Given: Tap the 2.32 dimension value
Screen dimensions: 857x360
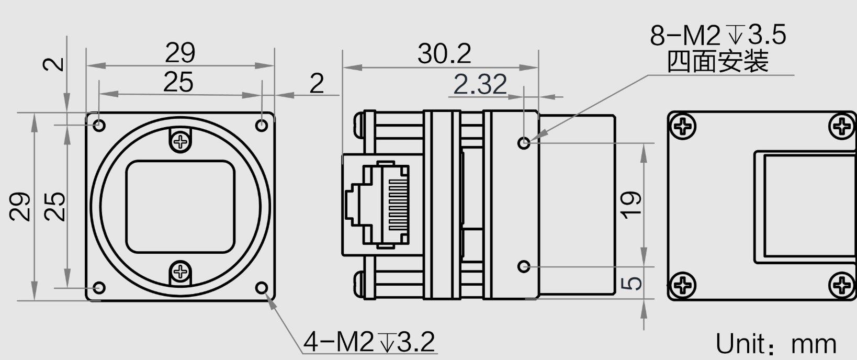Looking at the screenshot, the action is (x=480, y=84).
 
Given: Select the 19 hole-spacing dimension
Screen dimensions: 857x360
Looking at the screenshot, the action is (x=632, y=205).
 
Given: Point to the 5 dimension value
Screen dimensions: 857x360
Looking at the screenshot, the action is (x=632, y=283).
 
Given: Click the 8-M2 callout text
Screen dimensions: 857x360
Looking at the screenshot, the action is (x=718, y=35).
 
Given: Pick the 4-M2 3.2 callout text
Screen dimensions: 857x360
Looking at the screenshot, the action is (x=369, y=342).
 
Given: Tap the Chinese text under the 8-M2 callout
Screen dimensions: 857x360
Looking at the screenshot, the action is (x=718, y=61).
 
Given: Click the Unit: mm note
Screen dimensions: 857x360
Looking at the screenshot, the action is (x=776, y=344).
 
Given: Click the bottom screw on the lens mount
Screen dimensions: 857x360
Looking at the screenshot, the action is (x=180, y=272).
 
